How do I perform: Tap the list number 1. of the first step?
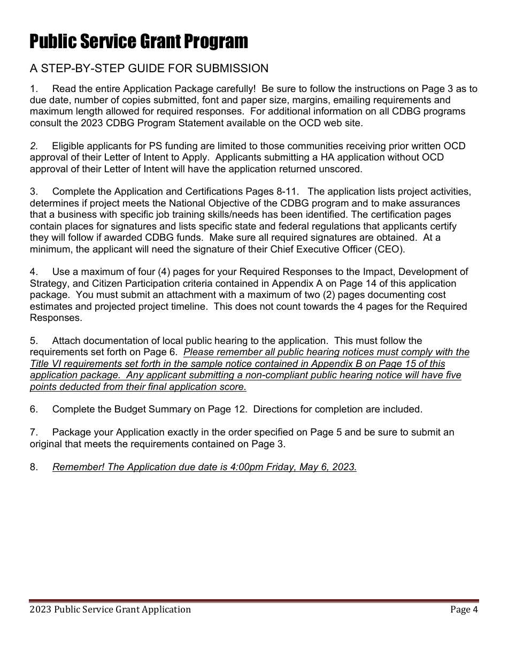(34, 89)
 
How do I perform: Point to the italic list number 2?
(34, 146)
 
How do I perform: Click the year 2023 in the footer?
(41, 609)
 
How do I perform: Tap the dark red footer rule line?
(254, 601)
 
